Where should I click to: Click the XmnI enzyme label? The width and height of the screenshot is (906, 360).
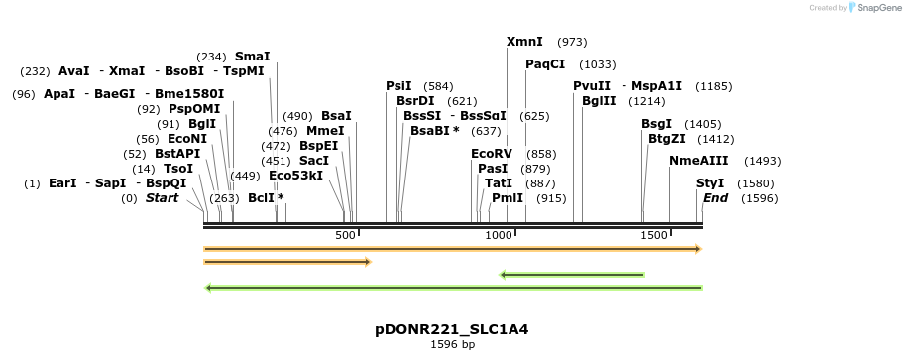[x=524, y=42]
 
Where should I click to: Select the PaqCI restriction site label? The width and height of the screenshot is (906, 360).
[x=545, y=63]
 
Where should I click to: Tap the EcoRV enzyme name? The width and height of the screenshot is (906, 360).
[x=492, y=154]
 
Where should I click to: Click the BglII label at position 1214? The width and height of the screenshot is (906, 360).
[x=599, y=101]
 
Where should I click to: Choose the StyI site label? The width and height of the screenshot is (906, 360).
[x=710, y=183]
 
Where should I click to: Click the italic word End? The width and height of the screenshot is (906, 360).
[x=715, y=198]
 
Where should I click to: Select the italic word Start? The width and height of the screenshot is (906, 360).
[x=162, y=198]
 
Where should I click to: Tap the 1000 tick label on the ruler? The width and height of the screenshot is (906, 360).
[x=499, y=235]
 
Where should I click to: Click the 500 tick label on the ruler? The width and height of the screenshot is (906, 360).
[x=345, y=235]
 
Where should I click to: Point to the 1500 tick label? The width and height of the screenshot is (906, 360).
[x=654, y=235]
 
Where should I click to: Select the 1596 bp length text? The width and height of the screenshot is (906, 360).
[x=452, y=345]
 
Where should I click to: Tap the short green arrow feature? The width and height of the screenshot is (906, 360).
[x=572, y=275]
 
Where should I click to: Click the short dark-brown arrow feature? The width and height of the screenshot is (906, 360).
[x=286, y=262]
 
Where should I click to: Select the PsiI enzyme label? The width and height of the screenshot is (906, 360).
[x=398, y=86]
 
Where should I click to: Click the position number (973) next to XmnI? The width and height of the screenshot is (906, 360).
[x=573, y=42]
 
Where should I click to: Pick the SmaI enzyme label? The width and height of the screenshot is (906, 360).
[x=252, y=57]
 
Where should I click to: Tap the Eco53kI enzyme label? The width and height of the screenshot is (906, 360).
[x=296, y=176]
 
